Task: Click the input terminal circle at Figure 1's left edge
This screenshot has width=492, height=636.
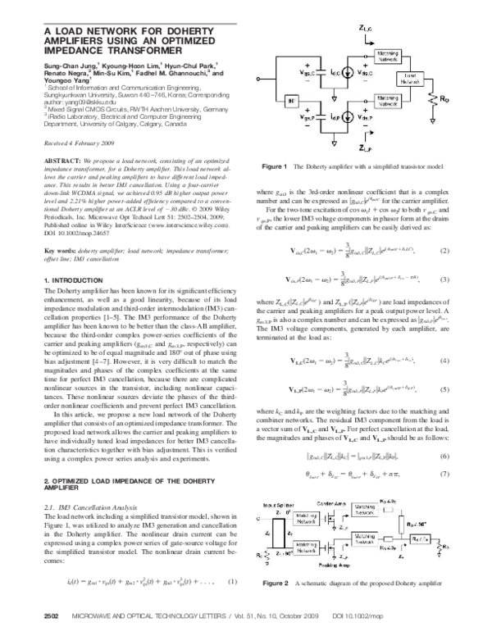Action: [262, 79]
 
